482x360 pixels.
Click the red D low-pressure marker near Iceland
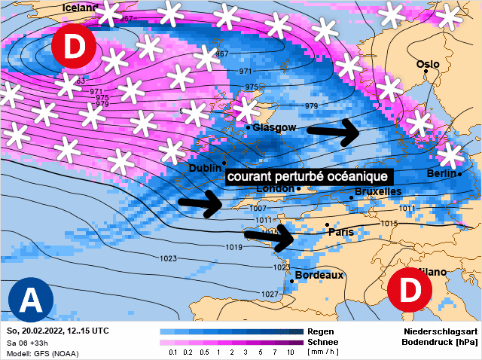74,47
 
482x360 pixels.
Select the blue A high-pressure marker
30,301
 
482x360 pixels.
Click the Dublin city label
205,168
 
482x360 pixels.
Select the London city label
274,188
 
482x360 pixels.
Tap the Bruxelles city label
377,192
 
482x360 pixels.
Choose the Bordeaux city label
319,275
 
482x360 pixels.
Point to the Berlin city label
441,173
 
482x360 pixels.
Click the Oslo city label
428,65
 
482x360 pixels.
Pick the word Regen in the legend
322,331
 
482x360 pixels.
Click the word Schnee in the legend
324,341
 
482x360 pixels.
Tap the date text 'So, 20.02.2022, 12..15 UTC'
58,331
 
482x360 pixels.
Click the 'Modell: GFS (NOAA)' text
43,353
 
